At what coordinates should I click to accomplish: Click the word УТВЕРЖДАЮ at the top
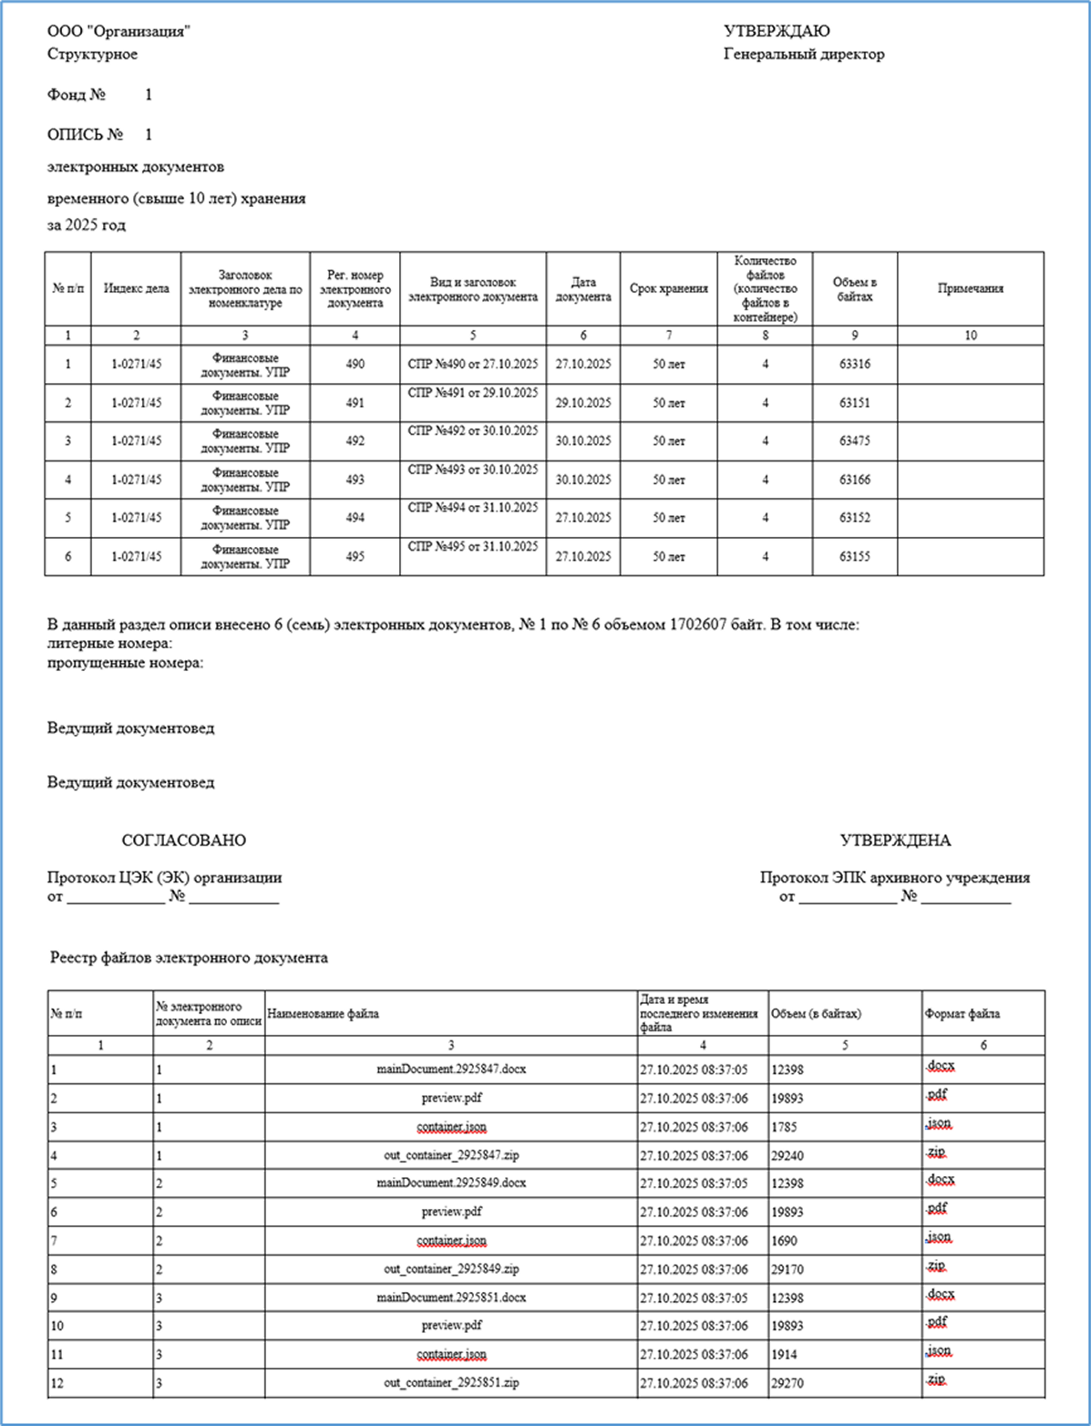pyautogui.click(x=777, y=32)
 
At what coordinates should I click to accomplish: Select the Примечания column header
pyautogui.click(x=970, y=289)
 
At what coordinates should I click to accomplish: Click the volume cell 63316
pyautogui.click(x=854, y=365)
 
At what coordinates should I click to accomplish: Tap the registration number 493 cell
pyautogui.click(x=355, y=480)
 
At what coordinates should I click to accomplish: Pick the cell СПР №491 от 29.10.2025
pyautogui.click(x=473, y=393)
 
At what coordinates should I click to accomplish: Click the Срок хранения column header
pyautogui.click(x=668, y=289)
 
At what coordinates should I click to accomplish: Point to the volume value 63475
pyautogui.click(x=854, y=441)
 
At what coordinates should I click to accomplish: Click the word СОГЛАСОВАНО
pyautogui.click(x=183, y=841)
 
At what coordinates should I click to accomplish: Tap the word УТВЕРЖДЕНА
pyautogui.click(x=894, y=841)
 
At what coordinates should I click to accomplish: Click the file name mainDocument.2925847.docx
pyautogui.click(x=451, y=1069)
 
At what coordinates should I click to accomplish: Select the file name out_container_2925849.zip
pyautogui.click(x=451, y=1269)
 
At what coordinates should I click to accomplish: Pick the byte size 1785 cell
pyautogui.click(x=784, y=1128)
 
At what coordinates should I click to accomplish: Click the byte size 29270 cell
pyautogui.click(x=787, y=1383)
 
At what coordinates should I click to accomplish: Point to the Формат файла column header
pyautogui.click(x=962, y=1014)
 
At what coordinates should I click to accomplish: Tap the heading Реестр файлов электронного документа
pyautogui.click(x=189, y=958)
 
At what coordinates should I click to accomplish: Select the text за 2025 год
pyautogui.click(x=87, y=225)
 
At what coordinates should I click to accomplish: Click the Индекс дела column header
pyautogui.click(x=136, y=289)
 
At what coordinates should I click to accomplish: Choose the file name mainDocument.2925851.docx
pyautogui.click(x=451, y=1297)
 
